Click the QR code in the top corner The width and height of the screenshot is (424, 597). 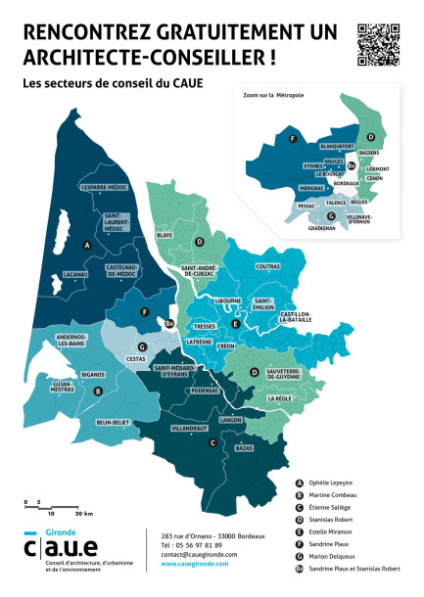click(x=378, y=44)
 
